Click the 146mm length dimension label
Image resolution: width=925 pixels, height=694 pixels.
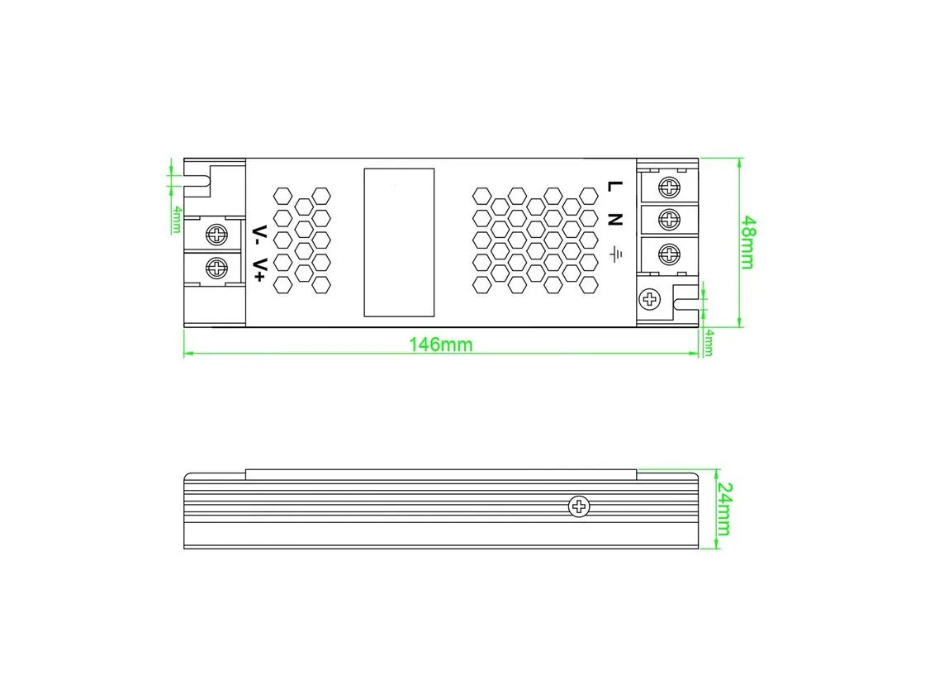(441, 345)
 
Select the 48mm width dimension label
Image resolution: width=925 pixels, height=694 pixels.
(747, 243)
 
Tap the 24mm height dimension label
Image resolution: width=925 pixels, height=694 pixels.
(723, 509)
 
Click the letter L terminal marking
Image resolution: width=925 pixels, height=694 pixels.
(614, 186)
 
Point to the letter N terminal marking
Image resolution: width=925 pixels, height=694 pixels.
(614, 219)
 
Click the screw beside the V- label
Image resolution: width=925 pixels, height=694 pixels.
(216, 235)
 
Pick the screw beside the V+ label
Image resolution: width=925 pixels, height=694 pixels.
(216, 269)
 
